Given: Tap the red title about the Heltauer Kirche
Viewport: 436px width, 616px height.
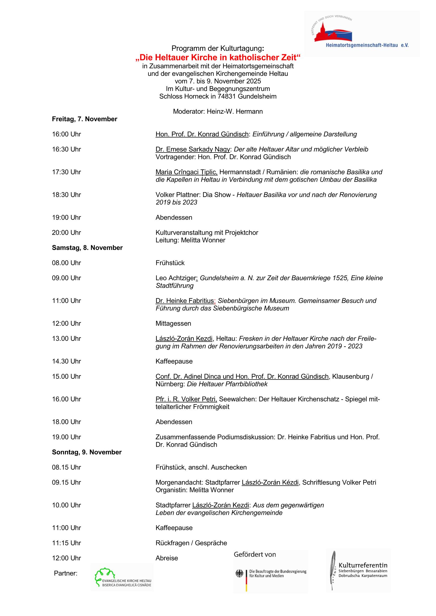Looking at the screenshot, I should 218,57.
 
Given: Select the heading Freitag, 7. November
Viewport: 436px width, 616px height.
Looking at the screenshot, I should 85,119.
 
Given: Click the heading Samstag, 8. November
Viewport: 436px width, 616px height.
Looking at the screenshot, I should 87,248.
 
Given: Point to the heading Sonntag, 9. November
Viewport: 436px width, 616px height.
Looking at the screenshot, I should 87,452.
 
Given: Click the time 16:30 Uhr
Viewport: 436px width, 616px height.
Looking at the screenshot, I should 66,149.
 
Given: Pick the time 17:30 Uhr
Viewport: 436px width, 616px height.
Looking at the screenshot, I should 66,172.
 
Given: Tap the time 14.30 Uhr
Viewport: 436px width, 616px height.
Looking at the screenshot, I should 66,361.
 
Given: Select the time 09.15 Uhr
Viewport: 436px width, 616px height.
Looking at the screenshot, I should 66,482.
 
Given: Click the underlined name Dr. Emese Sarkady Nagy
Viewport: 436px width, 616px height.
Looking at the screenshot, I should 192,149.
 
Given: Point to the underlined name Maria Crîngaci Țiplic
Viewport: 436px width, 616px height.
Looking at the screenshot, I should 186,172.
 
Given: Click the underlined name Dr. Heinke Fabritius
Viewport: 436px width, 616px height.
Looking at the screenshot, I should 185,301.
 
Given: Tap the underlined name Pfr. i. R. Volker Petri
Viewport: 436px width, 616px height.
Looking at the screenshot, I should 186,399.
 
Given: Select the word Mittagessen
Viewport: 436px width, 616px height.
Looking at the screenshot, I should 173,324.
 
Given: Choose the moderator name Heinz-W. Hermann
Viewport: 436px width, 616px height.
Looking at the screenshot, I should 235,112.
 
